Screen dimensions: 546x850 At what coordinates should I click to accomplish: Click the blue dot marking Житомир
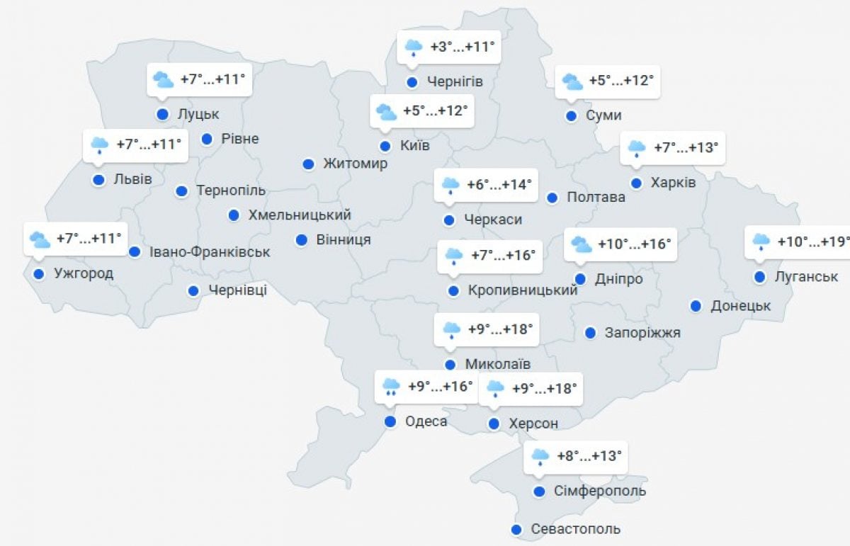[308, 164]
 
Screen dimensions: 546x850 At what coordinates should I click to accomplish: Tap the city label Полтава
[596, 198]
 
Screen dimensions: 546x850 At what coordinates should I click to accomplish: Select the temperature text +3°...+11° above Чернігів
[462, 47]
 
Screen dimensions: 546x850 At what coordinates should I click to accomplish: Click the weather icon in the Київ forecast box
[386, 111]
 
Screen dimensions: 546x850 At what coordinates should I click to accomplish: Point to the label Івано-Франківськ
[209, 251]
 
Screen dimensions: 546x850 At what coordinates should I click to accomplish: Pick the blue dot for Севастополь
[517, 529]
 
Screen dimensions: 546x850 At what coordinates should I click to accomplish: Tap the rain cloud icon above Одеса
[391, 387]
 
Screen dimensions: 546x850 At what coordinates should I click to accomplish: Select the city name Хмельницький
[300, 215]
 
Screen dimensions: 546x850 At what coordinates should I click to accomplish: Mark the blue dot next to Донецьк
[696, 306]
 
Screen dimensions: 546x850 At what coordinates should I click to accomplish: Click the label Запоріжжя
[642, 332]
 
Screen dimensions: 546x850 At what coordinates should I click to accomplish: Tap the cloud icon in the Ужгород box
[40, 239]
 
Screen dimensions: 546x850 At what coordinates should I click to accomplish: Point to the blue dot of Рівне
[207, 139]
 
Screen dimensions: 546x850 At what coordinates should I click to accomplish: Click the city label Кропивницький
[523, 290]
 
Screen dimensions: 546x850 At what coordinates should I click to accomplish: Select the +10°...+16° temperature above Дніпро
[634, 244]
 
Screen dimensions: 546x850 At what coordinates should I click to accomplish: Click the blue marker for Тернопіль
[181, 190]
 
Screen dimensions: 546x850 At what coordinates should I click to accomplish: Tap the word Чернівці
[237, 290]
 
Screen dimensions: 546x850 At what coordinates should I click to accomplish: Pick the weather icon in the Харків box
[636, 148]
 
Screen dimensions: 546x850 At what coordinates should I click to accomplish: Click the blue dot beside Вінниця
[301, 240]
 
